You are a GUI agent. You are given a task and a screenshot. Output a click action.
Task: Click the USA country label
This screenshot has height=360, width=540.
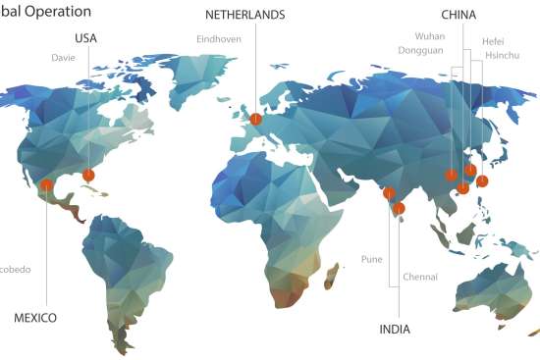86,38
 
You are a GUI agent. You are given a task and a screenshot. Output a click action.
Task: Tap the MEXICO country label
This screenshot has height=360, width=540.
35,318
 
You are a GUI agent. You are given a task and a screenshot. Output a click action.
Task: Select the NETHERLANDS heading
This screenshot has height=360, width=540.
245,16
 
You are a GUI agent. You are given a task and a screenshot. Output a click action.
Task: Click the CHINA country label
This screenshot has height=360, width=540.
459,16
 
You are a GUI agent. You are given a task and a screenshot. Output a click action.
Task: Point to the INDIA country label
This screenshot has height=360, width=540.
395,329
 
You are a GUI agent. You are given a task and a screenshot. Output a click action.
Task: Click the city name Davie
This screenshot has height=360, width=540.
63,58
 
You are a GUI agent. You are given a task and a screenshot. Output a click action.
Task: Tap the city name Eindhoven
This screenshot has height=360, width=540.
218,40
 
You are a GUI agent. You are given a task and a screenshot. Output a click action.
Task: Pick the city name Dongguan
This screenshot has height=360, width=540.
421,49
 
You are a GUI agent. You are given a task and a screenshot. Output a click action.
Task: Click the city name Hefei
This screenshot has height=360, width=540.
493,42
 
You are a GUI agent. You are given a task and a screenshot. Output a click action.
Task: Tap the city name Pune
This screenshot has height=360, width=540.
372,260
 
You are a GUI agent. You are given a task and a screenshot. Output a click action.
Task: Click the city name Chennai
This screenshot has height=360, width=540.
419,278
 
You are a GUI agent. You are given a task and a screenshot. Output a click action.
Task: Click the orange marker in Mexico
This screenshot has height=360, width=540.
46,185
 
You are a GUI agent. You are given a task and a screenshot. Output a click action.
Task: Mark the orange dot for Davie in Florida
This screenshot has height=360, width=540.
88,175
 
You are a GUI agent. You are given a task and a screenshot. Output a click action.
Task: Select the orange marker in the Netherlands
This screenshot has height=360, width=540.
255,119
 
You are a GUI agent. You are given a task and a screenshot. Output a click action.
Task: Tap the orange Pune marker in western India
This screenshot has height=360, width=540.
389,193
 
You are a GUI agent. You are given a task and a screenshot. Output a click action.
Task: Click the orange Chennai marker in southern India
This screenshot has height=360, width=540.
399,208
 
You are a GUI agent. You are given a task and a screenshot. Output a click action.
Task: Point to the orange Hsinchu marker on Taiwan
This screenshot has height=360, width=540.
482,181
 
